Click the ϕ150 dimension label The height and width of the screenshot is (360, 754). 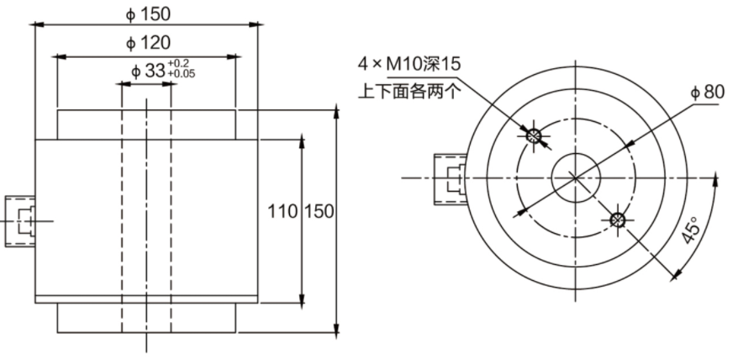pos(147,13)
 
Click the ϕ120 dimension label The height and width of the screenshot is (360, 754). pos(147,43)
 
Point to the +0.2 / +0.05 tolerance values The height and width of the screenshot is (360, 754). pos(181,70)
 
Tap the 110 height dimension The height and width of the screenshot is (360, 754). pos(283,211)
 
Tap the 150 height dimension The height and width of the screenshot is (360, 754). pos(319,211)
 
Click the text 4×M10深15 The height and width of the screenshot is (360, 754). pos(410,64)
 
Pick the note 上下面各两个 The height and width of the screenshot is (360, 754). pos(409,91)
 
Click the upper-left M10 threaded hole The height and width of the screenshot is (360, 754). pos(532,135)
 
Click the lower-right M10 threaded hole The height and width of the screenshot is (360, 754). pos(618,220)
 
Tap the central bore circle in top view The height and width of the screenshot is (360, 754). pos(575,177)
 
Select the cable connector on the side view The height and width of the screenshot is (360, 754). pos(18,220)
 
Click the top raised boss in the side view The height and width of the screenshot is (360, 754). pos(146,124)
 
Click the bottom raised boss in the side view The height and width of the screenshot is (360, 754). pos(146,318)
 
